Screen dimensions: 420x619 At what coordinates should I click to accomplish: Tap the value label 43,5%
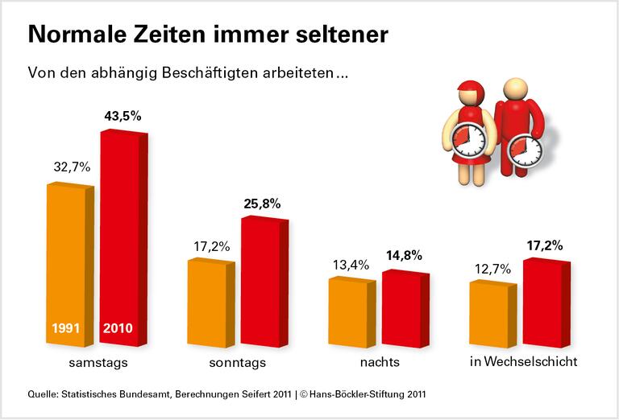[x=123, y=116]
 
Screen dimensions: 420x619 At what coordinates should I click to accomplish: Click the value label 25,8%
[x=262, y=204]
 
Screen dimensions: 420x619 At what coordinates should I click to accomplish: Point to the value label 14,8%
[x=403, y=257]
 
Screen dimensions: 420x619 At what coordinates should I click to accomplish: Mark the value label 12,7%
[x=491, y=269]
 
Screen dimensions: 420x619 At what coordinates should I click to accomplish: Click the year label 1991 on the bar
[x=69, y=328]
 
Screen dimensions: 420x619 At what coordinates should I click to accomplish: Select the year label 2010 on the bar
[x=119, y=328]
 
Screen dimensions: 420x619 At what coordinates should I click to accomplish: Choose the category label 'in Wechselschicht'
[x=523, y=362]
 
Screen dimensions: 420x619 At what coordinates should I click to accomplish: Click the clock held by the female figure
[x=469, y=140]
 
